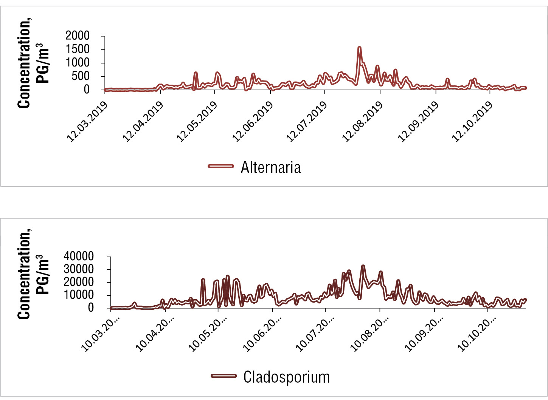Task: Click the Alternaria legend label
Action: click(270, 167)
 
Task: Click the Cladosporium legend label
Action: click(286, 377)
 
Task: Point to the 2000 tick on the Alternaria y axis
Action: click(78, 36)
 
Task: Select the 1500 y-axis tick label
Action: click(78, 49)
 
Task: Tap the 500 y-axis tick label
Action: click(81, 76)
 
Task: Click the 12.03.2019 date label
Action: click(87, 122)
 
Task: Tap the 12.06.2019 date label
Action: click(253, 122)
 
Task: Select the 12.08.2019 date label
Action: click(363, 122)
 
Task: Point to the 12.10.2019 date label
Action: click(473, 122)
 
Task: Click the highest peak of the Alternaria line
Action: click(359, 48)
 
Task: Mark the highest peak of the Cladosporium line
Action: click(363, 266)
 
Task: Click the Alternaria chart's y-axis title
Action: click(33, 63)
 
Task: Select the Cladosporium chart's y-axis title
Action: click(33, 275)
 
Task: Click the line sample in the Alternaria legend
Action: click(221, 166)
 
